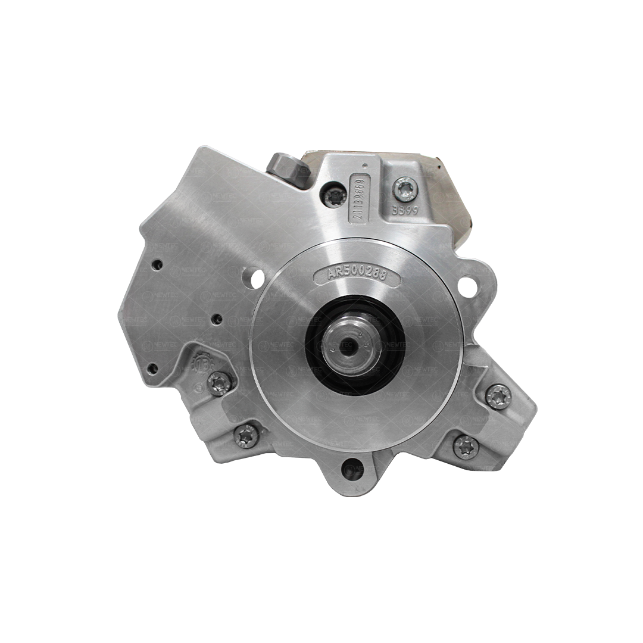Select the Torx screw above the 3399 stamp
[x=405, y=189]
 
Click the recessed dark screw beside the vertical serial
[x=335, y=194]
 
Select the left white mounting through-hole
[x=257, y=279]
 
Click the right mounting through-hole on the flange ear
[x=468, y=288]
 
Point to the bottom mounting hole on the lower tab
[x=354, y=470]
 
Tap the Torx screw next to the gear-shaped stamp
[x=220, y=383]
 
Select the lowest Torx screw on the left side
[x=246, y=436]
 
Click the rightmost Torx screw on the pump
[x=498, y=397]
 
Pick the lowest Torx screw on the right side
[x=466, y=447]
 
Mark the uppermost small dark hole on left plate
[x=157, y=266]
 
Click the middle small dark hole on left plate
[x=217, y=319]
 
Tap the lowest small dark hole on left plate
[x=152, y=369]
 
